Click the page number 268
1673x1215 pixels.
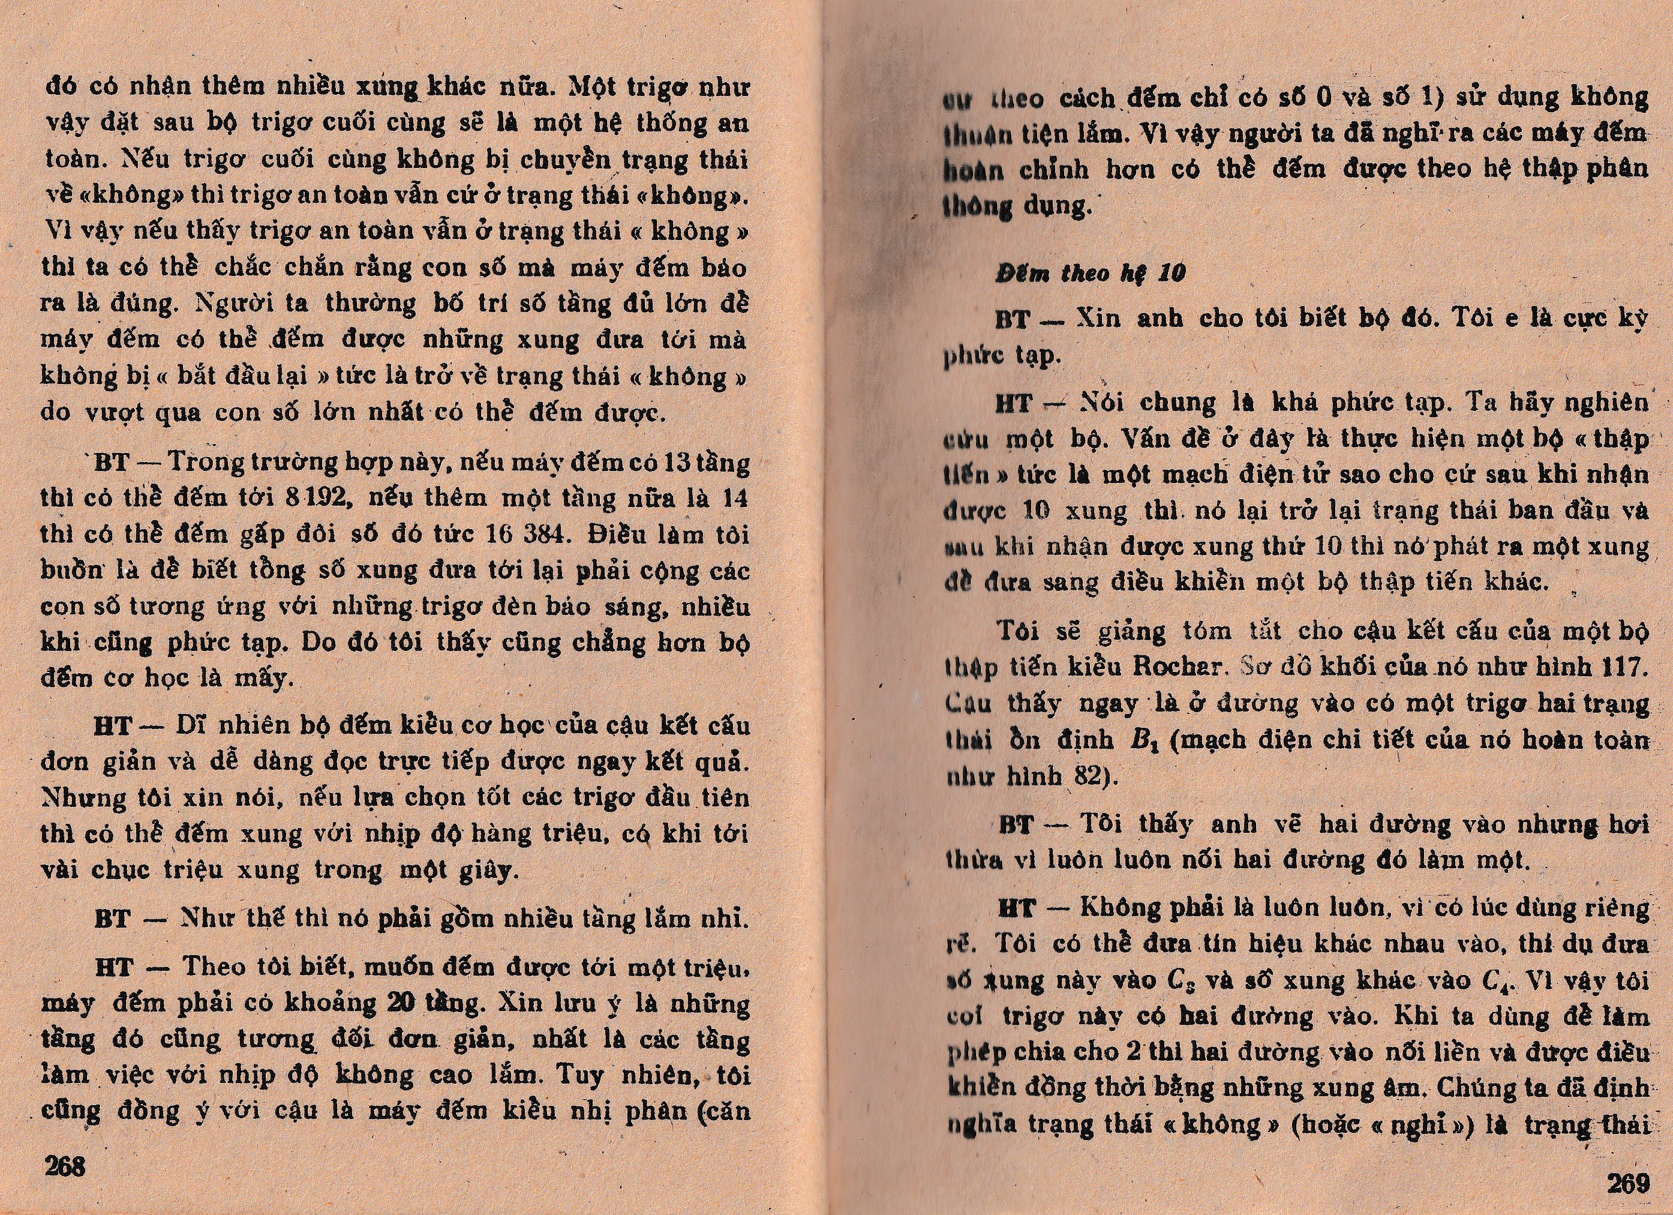point(65,1166)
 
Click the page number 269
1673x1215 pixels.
point(1627,1183)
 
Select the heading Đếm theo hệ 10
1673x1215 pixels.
point(1091,274)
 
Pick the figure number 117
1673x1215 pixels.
point(1625,667)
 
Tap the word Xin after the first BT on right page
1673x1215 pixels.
point(1098,319)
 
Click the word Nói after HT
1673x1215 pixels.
point(1101,403)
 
